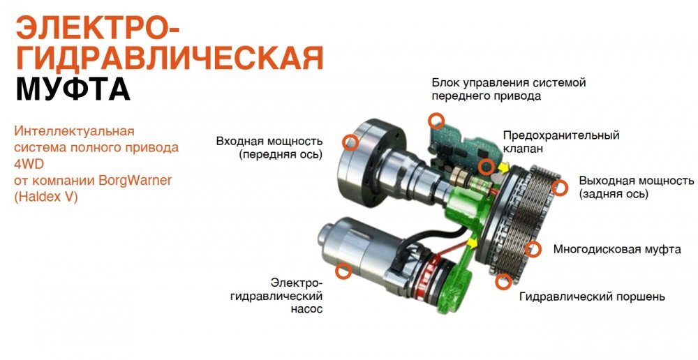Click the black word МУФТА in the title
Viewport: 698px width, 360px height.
pyautogui.click(x=73, y=89)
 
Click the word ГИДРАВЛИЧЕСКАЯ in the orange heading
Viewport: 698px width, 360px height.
pyautogui.click(x=170, y=58)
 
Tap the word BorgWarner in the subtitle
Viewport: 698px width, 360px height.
pyautogui.click(x=137, y=181)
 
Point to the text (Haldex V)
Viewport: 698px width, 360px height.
pyautogui.click(x=46, y=197)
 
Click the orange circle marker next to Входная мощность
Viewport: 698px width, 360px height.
pyautogui.click(x=350, y=142)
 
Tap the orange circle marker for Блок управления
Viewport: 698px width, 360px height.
pyautogui.click(x=436, y=121)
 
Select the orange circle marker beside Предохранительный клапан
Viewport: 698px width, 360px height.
pyautogui.click(x=486, y=167)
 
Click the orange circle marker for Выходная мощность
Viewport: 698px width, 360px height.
pyautogui.click(x=560, y=188)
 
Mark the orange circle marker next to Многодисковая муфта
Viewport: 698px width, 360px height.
pyautogui.click(x=533, y=249)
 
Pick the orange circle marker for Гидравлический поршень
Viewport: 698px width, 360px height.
pyautogui.click(x=503, y=281)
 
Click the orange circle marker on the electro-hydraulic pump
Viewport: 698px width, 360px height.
pyautogui.click(x=343, y=271)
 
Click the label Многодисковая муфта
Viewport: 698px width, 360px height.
pyautogui.click(x=617, y=249)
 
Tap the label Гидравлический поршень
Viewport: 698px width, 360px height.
pyautogui.click(x=592, y=297)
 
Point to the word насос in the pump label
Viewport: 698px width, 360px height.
pyautogui.click(x=306, y=309)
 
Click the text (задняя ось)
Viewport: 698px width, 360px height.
pyautogui.click(x=614, y=194)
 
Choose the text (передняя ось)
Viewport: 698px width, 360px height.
pyautogui.click(x=281, y=155)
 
